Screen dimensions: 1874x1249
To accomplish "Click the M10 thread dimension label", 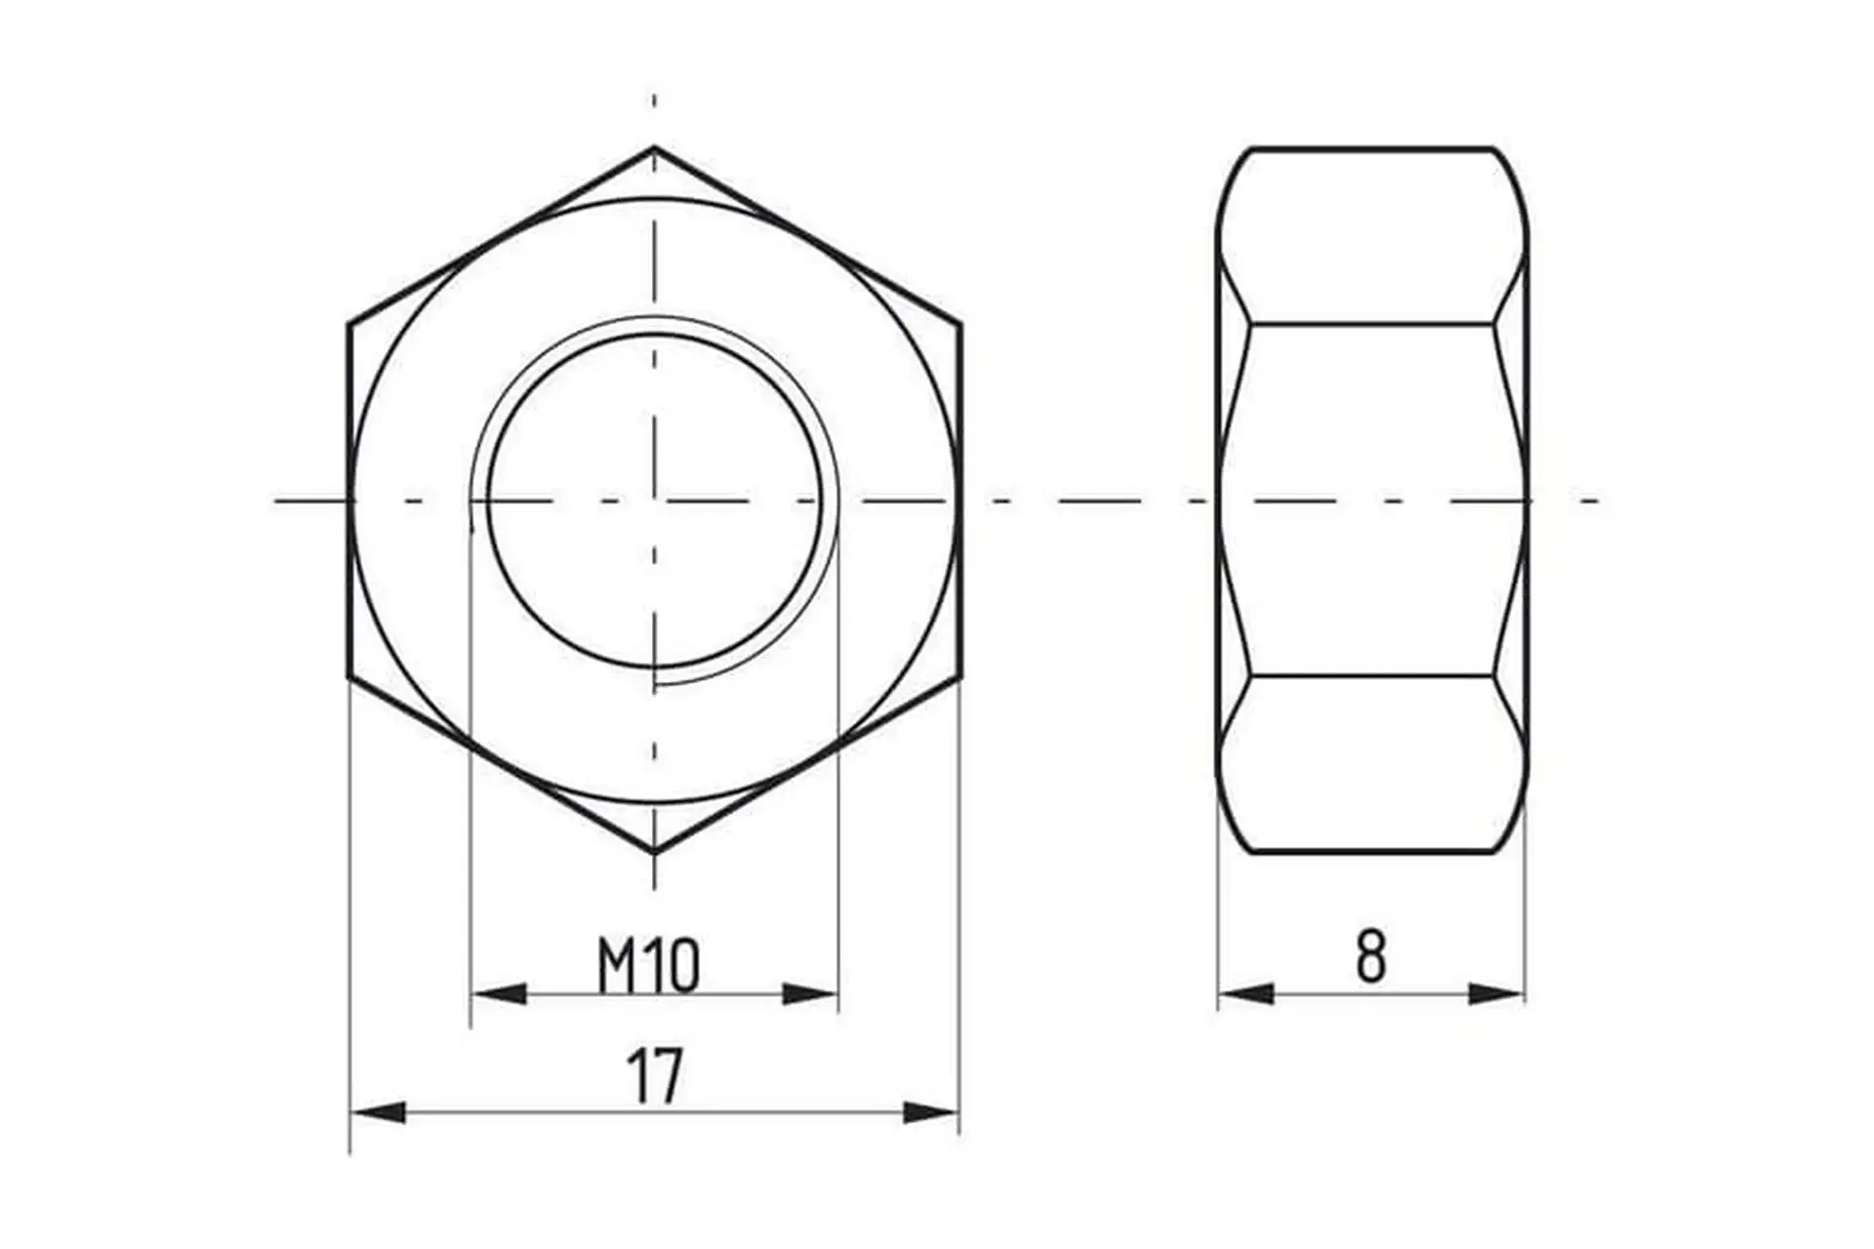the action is (648, 965).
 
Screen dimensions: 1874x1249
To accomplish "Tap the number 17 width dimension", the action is (655, 1076).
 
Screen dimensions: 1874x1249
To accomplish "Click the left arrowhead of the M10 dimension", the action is (499, 994).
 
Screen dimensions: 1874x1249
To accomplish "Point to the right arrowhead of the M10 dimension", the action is (810, 994).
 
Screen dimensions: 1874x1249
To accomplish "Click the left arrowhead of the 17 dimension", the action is (378, 1112).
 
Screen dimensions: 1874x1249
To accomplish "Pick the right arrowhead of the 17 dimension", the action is (931, 1112).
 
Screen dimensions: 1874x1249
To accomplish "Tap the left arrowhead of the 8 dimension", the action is (1246, 994).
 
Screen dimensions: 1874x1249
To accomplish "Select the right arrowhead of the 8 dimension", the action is (1496, 994).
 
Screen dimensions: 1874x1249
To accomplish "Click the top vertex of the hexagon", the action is (654, 147).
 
